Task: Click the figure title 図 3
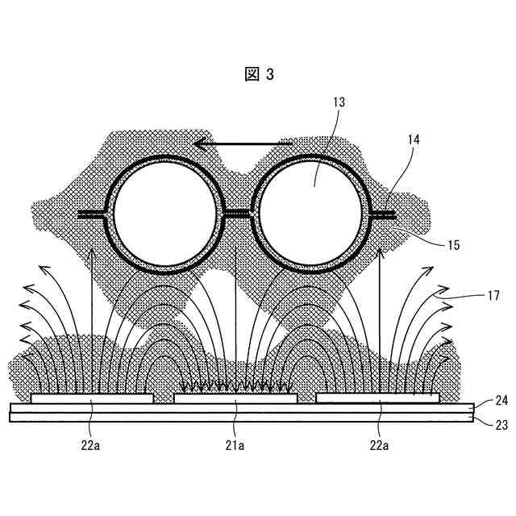click(x=259, y=74)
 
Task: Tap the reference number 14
click(x=414, y=140)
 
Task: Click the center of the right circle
click(x=311, y=214)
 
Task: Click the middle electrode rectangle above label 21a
click(x=235, y=398)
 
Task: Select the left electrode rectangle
click(x=91, y=398)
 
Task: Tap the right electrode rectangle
click(x=377, y=398)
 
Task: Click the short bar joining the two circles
click(x=237, y=214)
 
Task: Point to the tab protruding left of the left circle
click(x=93, y=214)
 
